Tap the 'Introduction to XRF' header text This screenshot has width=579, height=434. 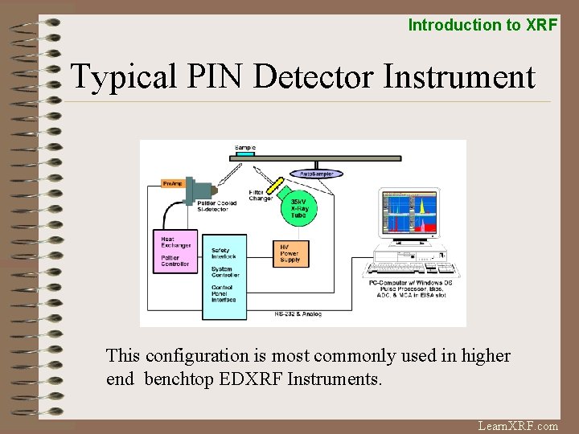click(x=482, y=25)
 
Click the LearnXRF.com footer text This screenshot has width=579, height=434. click(x=518, y=426)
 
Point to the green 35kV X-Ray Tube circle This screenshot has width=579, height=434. click(x=298, y=208)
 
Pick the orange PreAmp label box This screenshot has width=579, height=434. click(x=174, y=184)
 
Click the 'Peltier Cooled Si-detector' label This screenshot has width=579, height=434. click(x=217, y=207)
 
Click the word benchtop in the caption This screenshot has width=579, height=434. click(x=179, y=379)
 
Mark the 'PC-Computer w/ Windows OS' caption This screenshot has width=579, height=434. click(x=410, y=282)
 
